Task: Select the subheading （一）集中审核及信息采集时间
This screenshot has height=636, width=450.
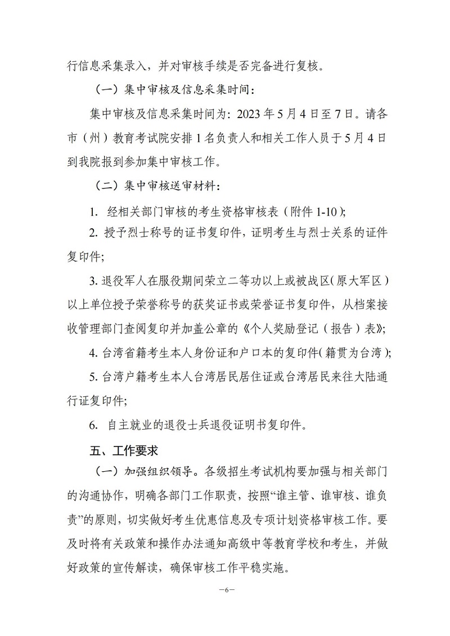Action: (x=169, y=89)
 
